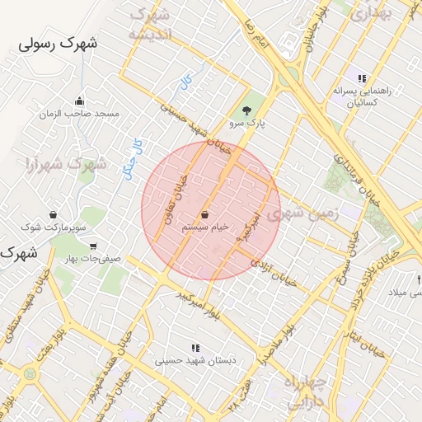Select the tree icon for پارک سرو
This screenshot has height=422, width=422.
[x=247, y=110]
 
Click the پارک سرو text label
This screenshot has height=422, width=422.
[x=248, y=124]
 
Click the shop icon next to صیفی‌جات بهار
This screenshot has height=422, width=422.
[x=92, y=245]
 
